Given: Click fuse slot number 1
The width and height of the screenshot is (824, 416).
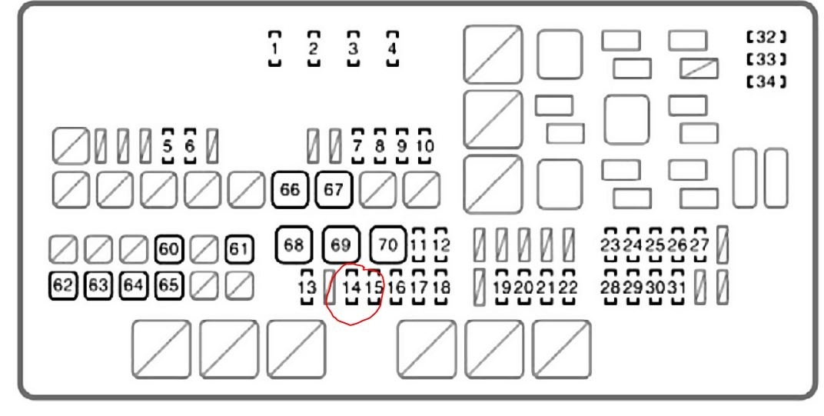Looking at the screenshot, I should click(x=274, y=49).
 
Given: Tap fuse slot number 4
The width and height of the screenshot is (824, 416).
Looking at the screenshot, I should click(x=392, y=49).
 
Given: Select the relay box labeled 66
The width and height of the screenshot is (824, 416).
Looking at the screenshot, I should click(x=290, y=190).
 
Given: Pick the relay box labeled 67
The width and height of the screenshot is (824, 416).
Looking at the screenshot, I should click(x=333, y=190).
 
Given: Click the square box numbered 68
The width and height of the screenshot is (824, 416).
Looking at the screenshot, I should click(x=294, y=245).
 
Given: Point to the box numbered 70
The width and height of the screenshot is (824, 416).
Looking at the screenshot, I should click(x=389, y=245).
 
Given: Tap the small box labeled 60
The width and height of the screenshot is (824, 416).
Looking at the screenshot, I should click(x=168, y=248).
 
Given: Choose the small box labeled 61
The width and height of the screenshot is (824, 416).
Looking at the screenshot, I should click(x=239, y=248).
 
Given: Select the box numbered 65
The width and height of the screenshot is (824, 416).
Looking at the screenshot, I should click(x=168, y=285).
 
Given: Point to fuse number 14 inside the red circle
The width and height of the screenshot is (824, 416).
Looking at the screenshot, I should click(x=352, y=287).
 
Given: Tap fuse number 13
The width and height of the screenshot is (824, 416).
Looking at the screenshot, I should click(x=307, y=287).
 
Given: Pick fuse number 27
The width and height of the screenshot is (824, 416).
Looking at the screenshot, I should click(x=699, y=245).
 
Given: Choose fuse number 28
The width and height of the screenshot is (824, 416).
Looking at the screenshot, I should click(x=611, y=287).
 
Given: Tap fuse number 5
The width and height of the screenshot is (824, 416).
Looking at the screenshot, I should click(x=168, y=143).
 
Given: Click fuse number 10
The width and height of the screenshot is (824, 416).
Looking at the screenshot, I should click(x=425, y=145).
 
